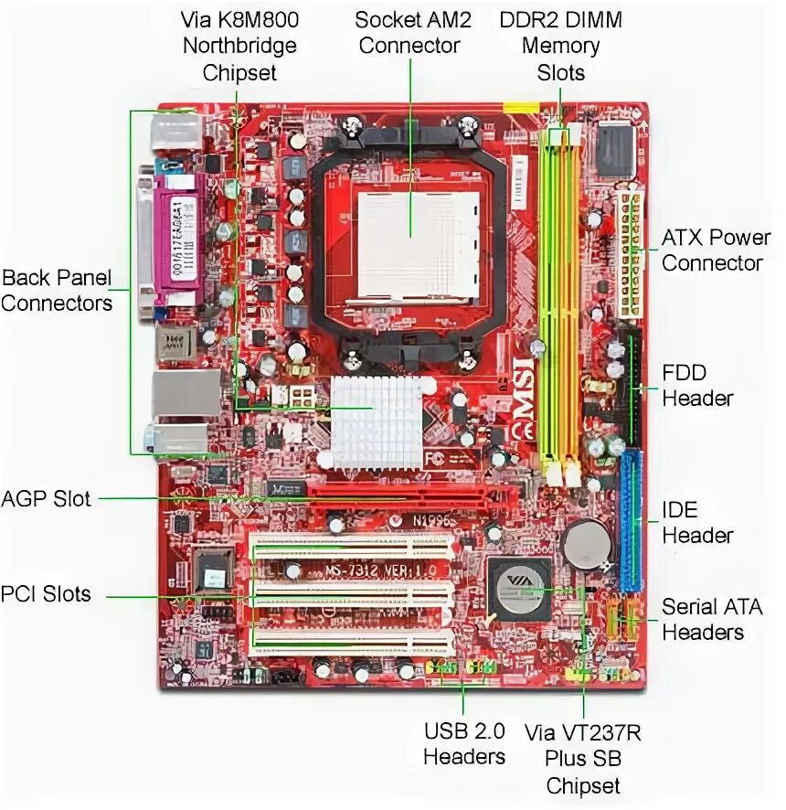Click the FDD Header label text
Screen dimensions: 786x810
(x=696, y=385)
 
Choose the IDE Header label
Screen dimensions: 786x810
(x=696, y=522)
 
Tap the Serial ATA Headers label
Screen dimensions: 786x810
(x=712, y=619)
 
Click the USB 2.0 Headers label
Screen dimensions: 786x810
(x=464, y=743)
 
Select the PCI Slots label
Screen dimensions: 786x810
(x=46, y=594)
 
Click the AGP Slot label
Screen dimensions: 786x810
(x=47, y=498)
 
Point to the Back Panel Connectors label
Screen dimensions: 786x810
(x=57, y=290)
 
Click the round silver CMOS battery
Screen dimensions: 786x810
(x=586, y=546)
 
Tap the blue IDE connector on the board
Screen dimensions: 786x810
(x=632, y=521)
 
